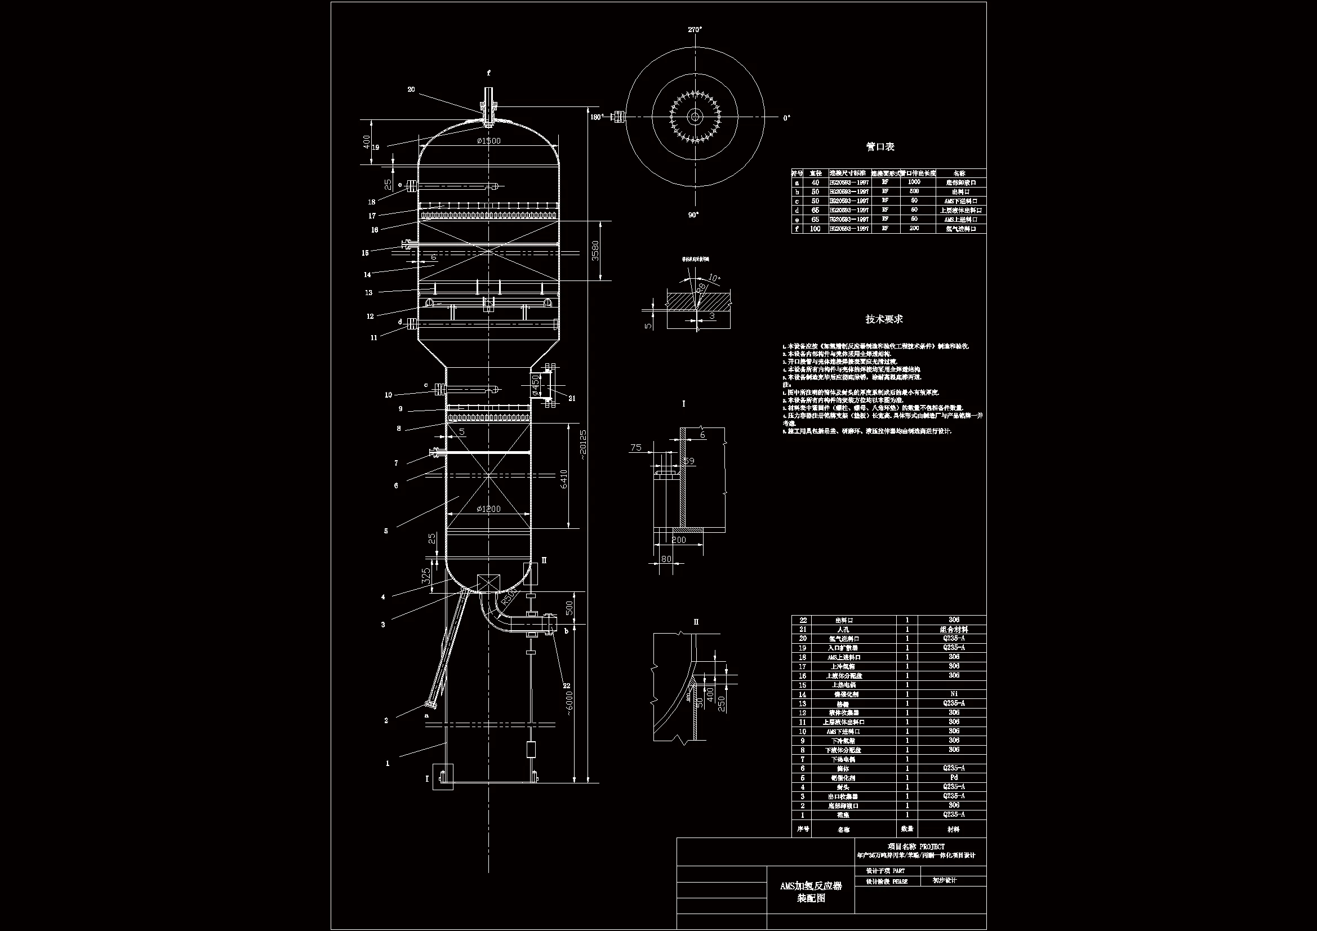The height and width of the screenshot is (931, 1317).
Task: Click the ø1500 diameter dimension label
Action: tap(488, 141)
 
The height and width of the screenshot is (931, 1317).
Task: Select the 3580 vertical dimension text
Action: tap(595, 251)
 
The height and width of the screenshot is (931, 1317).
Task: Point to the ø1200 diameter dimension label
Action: tap(488, 509)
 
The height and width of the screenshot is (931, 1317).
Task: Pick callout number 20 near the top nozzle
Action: tap(411, 90)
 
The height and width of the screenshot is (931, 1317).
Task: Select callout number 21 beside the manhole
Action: tap(572, 398)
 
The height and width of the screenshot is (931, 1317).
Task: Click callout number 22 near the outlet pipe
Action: tap(567, 685)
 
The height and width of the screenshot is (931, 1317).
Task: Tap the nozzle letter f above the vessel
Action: tap(489, 73)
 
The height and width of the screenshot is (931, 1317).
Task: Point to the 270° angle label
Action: tap(695, 29)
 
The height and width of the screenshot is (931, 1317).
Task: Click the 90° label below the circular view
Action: tap(693, 215)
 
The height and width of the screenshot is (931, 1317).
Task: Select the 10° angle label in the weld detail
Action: tap(714, 278)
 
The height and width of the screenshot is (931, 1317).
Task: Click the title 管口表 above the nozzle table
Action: tap(880, 147)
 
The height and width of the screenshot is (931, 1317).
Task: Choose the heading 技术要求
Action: tap(884, 319)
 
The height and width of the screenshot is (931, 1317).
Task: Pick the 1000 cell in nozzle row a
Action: tap(914, 182)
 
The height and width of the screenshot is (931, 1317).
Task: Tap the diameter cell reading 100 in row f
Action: tap(815, 229)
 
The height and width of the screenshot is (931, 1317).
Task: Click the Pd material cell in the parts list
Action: tap(953, 777)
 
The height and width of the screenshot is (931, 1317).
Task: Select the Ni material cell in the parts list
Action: tap(953, 693)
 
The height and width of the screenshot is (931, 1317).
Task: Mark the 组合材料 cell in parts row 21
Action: tap(953, 629)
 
